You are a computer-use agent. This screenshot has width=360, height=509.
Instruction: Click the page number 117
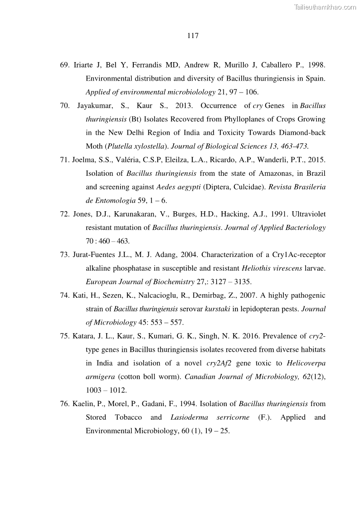coord(193,36)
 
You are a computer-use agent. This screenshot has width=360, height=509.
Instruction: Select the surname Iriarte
coord(84,65)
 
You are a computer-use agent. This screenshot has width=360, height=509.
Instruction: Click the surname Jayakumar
coord(96,106)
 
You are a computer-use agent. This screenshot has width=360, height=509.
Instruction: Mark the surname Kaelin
coord(83,403)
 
